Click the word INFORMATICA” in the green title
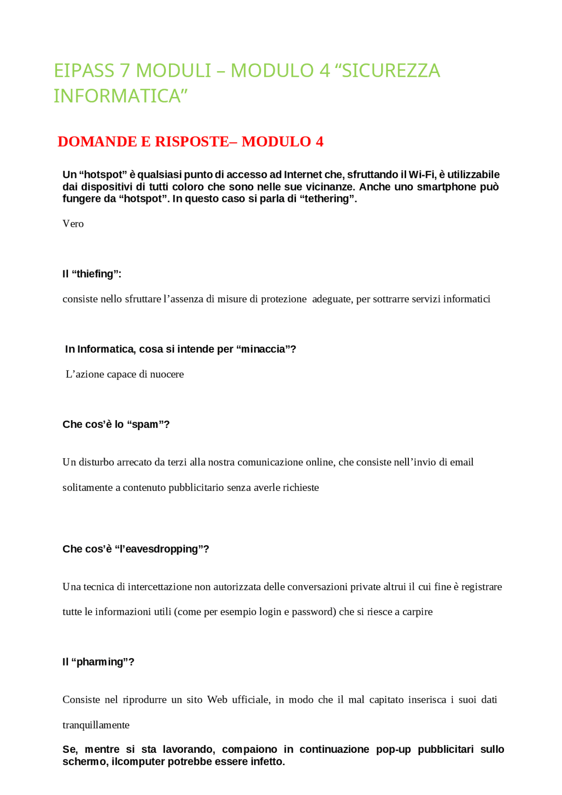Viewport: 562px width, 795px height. tap(120, 96)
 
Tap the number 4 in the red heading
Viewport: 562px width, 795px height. tap(319, 141)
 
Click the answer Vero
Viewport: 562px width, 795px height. tap(73, 224)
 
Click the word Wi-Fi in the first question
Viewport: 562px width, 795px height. tap(422, 175)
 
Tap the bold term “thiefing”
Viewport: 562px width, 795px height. tap(96, 274)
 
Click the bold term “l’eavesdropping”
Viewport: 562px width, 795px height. tap(162, 549)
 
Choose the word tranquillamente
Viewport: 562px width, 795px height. tap(96, 725)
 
